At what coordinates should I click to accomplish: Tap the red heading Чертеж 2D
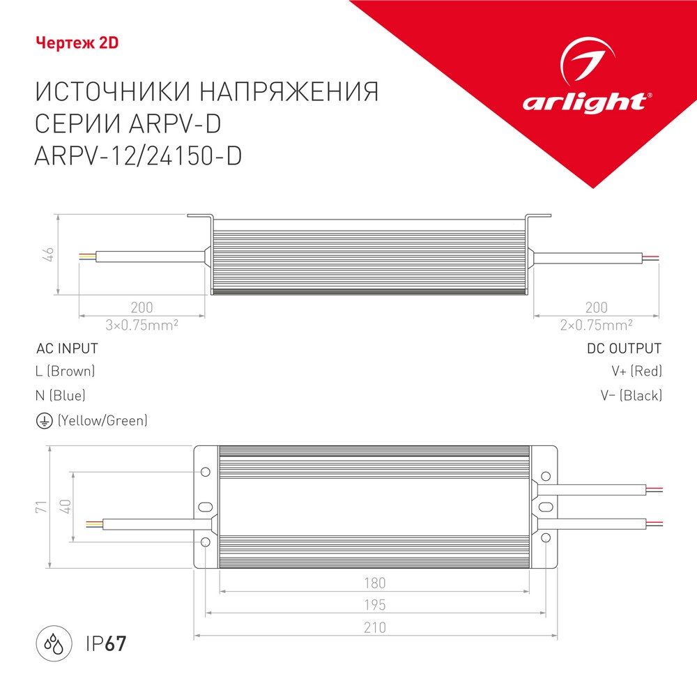(x=77, y=43)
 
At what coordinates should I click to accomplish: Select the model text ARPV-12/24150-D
(x=137, y=155)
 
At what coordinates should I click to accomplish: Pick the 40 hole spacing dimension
(x=66, y=506)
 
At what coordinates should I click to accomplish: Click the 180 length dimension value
(x=374, y=583)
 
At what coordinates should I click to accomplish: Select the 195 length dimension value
(x=374, y=604)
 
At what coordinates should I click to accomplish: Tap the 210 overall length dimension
(x=374, y=627)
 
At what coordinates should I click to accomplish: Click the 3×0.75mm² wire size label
(x=142, y=324)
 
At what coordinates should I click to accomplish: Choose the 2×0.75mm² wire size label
(x=596, y=324)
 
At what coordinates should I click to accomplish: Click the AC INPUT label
(x=67, y=348)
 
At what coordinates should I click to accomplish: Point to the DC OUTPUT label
(x=624, y=348)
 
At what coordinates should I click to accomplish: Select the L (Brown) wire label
(x=65, y=372)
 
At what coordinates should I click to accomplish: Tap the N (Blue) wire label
(x=61, y=396)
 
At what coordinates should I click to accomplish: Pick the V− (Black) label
(x=631, y=396)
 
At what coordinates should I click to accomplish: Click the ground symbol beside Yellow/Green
(x=43, y=420)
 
